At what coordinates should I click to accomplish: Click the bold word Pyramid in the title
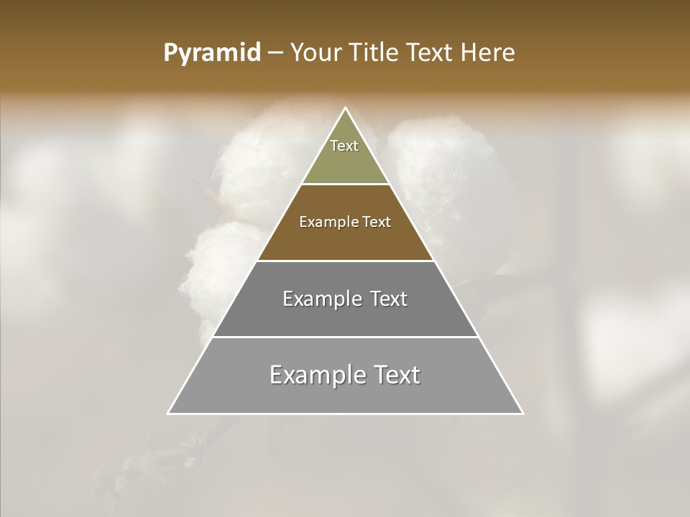(211, 53)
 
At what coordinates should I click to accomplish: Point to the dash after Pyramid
(275, 54)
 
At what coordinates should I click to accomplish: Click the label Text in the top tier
(344, 146)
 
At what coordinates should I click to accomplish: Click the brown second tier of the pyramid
(345, 241)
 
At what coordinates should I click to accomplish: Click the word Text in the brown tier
(377, 222)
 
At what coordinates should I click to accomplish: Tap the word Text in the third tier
(389, 299)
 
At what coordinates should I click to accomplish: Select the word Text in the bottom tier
(394, 375)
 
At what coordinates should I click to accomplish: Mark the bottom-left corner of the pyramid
(168, 414)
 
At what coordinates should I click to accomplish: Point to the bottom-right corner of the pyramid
(523, 414)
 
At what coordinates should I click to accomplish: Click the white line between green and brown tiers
(345, 184)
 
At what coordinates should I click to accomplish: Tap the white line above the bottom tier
(345, 337)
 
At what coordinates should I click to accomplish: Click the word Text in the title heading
(431, 53)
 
